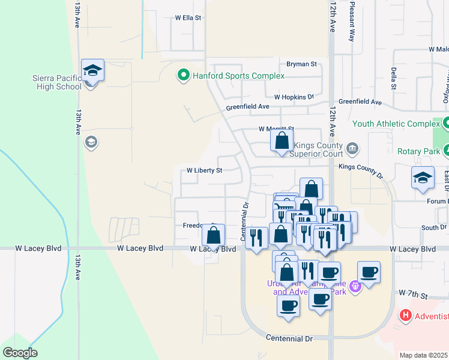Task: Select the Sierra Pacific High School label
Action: [x=57, y=82]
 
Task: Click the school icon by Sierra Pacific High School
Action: [x=93, y=71]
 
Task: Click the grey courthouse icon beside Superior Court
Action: [x=352, y=148]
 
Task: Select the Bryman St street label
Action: [x=301, y=64]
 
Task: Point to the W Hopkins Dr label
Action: [x=294, y=97]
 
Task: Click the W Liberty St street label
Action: [x=204, y=170]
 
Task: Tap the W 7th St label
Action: [x=414, y=295]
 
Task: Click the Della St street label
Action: [x=394, y=78]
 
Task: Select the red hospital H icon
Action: [x=406, y=315]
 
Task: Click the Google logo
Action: [x=20, y=353]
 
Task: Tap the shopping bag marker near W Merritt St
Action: [x=282, y=142]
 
